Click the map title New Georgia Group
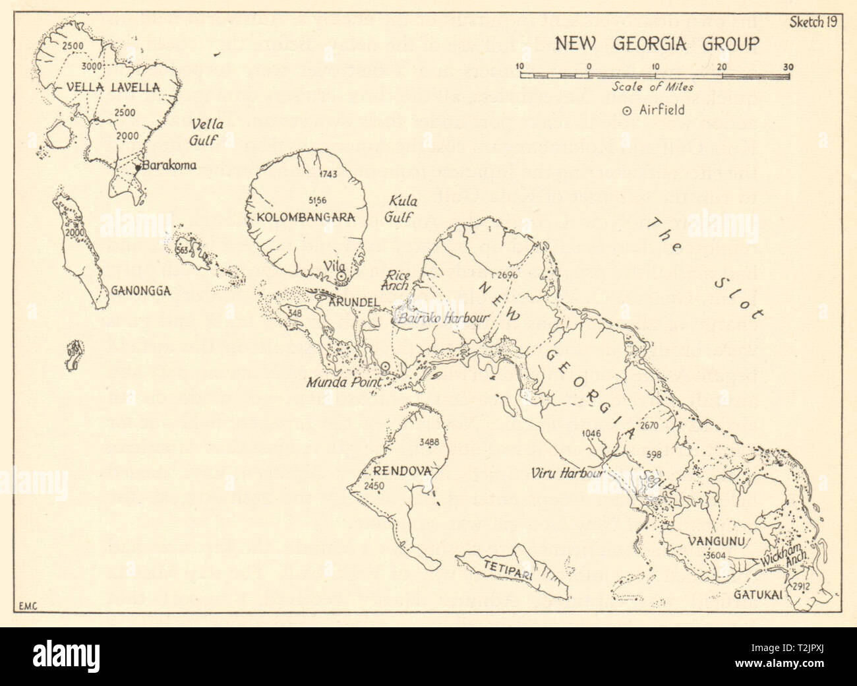click(x=656, y=45)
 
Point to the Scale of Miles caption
click(x=652, y=86)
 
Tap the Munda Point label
click(x=338, y=382)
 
